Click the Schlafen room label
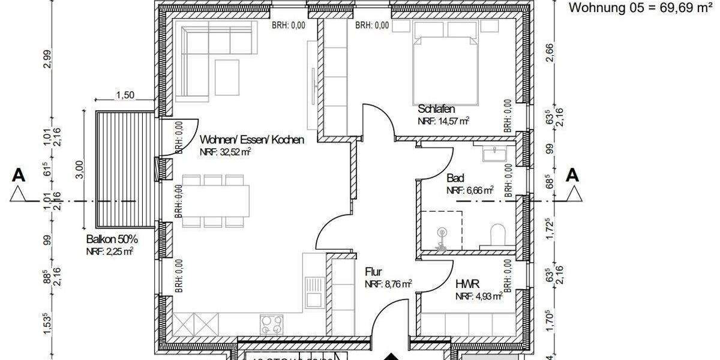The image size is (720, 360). point(436,109)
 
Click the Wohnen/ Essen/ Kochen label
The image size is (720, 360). point(252,140)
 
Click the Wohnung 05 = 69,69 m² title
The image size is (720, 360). point(639,8)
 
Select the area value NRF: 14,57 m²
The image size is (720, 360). point(443,121)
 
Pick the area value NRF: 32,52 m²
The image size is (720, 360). point(226,152)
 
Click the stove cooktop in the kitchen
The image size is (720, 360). point(271,325)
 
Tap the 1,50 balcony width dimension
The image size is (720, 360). point(124,95)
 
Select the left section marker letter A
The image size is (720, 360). point(19,175)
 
